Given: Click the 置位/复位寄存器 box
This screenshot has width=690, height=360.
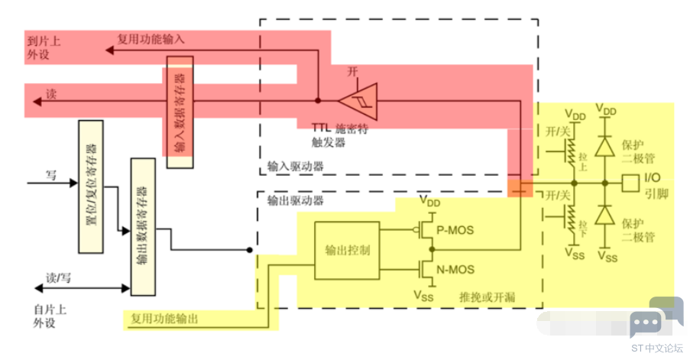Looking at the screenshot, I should click(90, 186).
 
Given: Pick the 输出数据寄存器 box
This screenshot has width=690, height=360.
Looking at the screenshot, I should click(142, 226).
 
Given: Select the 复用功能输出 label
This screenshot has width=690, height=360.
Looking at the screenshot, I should click(164, 319).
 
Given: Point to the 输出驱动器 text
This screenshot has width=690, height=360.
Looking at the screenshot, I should click(296, 200).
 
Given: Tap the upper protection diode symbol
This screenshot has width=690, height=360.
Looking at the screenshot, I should click(605, 144).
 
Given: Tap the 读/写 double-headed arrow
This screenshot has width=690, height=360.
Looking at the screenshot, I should click(81, 289).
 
